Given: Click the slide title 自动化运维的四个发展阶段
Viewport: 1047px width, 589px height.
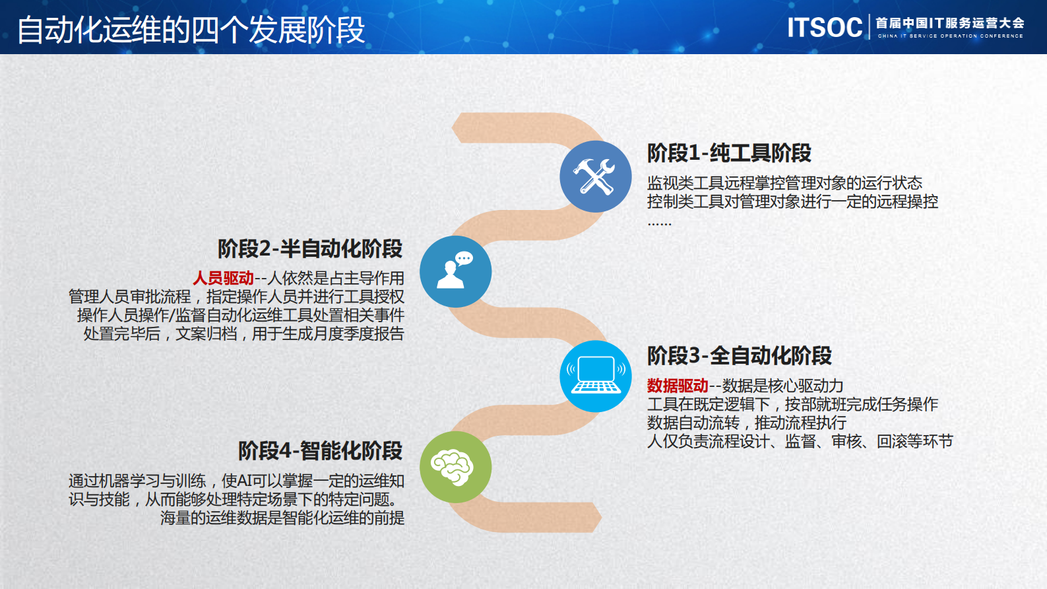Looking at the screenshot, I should click(x=191, y=30).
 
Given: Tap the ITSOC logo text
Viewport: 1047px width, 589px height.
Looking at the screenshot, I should click(x=825, y=28).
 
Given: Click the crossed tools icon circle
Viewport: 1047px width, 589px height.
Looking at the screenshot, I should click(x=595, y=176).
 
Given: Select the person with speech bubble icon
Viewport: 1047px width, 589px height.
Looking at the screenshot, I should click(x=455, y=271).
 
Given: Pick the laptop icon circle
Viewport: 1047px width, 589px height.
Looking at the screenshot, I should click(x=596, y=376).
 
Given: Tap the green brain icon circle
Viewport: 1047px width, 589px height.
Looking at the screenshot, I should click(x=455, y=467).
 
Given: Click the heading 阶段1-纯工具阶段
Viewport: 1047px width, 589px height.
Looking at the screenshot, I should click(x=729, y=153).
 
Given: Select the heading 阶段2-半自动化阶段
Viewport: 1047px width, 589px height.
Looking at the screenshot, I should click(x=310, y=249).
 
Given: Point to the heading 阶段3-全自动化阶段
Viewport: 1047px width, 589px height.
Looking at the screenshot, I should click(x=739, y=356).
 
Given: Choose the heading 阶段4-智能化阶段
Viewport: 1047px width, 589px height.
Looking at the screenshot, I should click(x=320, y=451).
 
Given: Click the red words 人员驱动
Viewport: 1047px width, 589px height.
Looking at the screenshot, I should click(x=223, y=279).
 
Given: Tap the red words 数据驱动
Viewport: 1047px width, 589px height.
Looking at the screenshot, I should click(x=678, y=386).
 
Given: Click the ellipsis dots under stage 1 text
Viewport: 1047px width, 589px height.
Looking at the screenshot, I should click(x=659, y=225).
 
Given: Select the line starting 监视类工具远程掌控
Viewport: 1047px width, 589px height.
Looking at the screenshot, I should click(x=784, y=183).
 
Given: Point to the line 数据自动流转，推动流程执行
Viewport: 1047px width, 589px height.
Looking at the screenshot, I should click(x=746, y=423).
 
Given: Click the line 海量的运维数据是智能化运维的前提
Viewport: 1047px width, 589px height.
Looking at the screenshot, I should click(x=282, y=518).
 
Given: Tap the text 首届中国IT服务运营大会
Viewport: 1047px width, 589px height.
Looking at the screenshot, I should click(x=949, y=23).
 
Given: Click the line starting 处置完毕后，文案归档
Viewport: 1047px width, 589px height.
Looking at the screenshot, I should click(x=243, y=334).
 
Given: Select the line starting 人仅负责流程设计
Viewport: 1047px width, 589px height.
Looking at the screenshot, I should click(x=800, y=441).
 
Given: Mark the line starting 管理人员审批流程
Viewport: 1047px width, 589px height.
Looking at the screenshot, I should click(x=236, y=297).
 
